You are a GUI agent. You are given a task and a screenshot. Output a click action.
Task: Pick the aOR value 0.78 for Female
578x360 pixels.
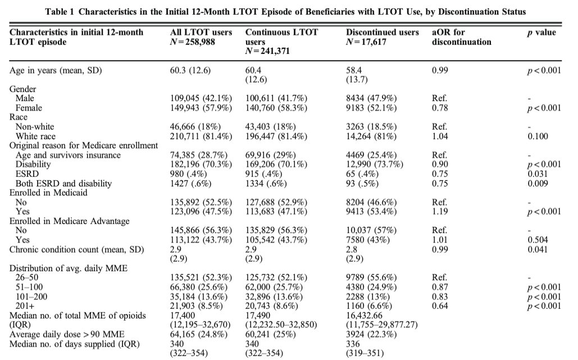[439, 107]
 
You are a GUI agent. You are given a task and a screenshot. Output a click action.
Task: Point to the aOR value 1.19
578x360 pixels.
[439, 212]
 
